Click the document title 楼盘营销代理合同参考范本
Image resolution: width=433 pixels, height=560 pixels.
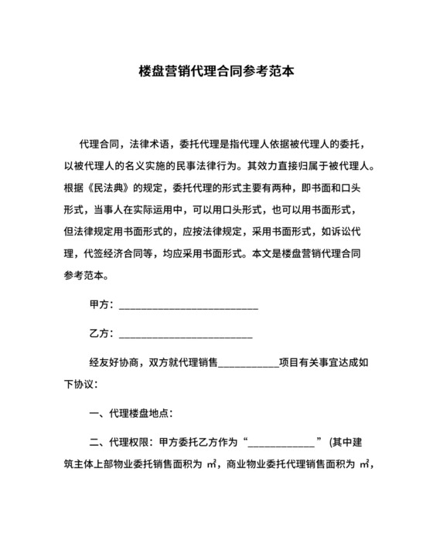(216, 72)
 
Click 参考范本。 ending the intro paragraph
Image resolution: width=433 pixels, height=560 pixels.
(84, 274)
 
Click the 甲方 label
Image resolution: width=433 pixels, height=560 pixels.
(101, 305)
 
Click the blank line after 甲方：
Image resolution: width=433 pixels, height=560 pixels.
(188, 307)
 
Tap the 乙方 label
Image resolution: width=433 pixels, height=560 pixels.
(101, 334)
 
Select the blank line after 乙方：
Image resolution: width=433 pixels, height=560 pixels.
(186, 336)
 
